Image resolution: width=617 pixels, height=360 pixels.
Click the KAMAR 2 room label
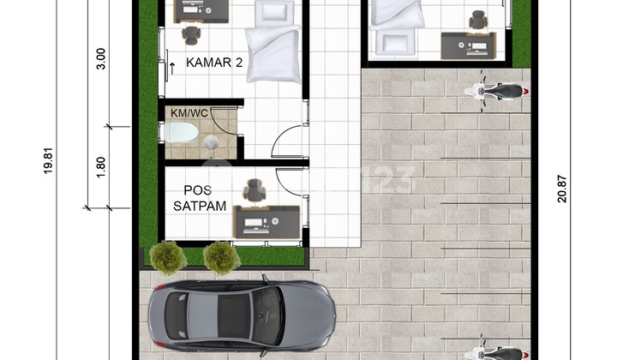click(203, 64)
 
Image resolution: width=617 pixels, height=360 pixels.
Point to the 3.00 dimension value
click(100, 58)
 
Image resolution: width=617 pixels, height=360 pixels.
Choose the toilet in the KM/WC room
click(182, 133)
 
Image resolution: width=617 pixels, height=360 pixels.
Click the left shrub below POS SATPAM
click(168, 257)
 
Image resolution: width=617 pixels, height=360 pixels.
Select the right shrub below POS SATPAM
click(222, 257)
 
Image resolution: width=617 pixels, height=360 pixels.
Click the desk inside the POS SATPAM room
click(267, 221)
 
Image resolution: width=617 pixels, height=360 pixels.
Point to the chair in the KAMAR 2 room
click(191, 35)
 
